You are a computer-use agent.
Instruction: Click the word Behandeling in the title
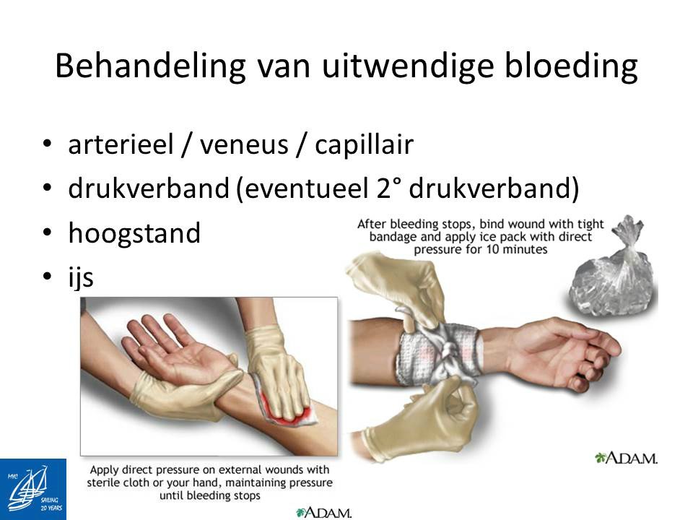pyautogui.click(x=150, y=66)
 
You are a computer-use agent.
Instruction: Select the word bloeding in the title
pyautogui.click(x=571, y=66)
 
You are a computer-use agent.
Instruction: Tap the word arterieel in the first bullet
pyautogui.click(x=121, y=144)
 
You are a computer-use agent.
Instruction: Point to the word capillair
pyautogui.click(x=364, y=145)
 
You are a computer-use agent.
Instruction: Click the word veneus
pyautogui.click(x=244, y=145)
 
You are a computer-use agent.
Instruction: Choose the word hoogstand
pyautogui.click(x=134, y=233)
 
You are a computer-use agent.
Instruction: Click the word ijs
pyautogui.click(x=80, y=278)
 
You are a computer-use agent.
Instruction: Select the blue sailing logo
pyautogui.click(x=33, y=489)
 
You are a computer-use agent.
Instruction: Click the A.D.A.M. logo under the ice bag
pyautogui.click(x=627, y=458)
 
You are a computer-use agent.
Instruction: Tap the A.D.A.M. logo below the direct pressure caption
pyautogui.click(x=323, y=513)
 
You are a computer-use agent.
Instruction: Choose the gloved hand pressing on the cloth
pyautogui.click(x=274, y=367)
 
